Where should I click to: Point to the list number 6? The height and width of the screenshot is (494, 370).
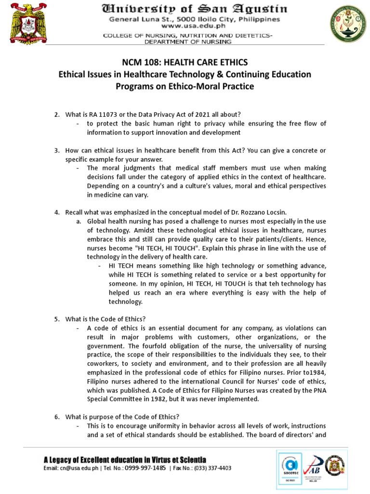tap(56, 417)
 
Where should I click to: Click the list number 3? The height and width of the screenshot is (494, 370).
tap(56, 151)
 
